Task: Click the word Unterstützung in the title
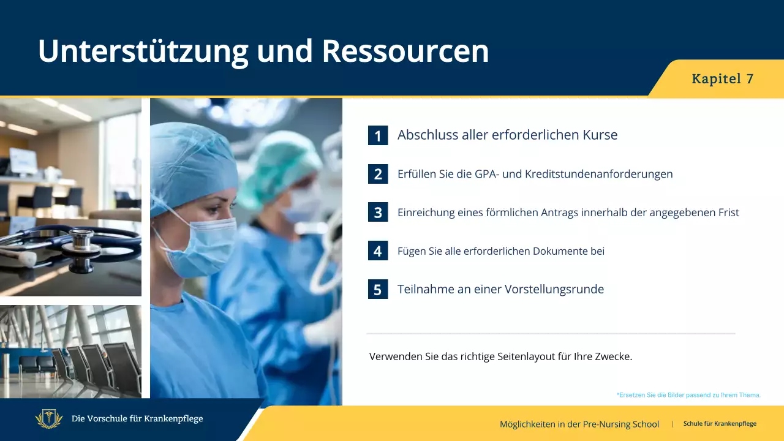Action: [x=143, y=51]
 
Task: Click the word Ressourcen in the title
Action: [x=405, y=51]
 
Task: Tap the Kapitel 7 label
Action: [x=722, y=79]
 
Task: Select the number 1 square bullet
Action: [x=378, y=135]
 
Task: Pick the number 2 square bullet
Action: [x=378, y=174]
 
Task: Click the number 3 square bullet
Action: [x=378, y=213]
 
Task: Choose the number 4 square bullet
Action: [x=378, y=251]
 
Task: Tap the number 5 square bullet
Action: [x=378, y=289]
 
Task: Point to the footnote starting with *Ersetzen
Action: [x=688, y=395]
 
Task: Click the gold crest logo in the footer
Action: [x=49, y=419]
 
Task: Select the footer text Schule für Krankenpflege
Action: [x=720, y=424]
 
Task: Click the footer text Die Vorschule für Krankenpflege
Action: [x=137, y=419]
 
